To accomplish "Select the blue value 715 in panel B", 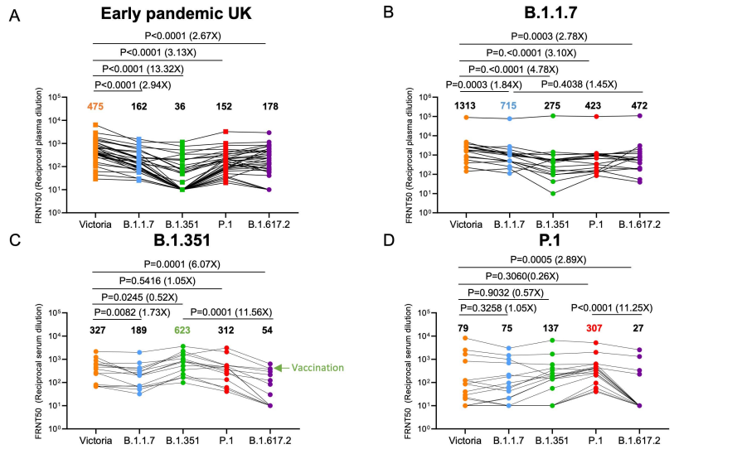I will click(509, 106).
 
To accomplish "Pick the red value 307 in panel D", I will click(594, 329).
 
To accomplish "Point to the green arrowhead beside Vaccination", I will click(279, 368).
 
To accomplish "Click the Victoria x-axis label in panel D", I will click(465, 440).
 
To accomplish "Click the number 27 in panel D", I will click(638, 329).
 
